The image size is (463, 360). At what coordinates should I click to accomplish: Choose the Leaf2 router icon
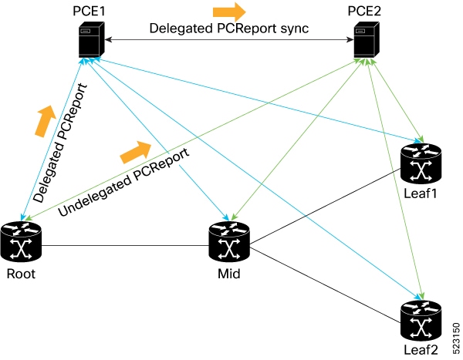pos(421,322)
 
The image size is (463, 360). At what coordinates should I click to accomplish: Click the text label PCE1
pos(85,10)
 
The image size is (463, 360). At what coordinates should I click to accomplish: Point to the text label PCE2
pos(367,10)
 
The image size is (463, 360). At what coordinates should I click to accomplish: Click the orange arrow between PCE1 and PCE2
pos(229,11)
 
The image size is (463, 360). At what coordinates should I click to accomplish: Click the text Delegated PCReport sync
pos(228,29)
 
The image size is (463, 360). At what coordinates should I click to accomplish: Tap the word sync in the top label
pos(293,29)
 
